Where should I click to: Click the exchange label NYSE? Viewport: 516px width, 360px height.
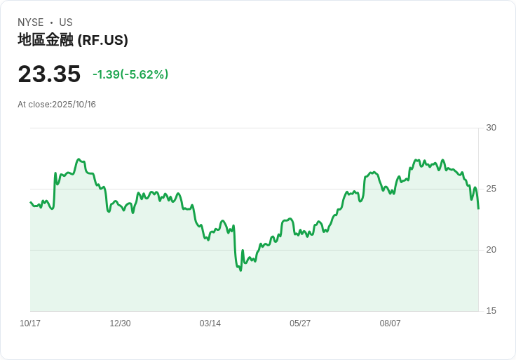tap(31, 22)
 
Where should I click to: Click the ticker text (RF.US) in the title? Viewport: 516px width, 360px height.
tap(102, 41)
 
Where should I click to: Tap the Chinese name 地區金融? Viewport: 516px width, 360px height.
tap(45, 41)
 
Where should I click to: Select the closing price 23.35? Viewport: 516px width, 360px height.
tap(49, 74)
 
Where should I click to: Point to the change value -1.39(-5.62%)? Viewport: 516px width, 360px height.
tap(130, 74)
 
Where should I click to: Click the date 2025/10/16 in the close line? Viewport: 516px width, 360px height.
tap(74, 105)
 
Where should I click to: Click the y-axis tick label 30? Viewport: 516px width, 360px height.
tap(491, 128)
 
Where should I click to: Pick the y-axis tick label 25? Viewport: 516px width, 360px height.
tap(491, 189)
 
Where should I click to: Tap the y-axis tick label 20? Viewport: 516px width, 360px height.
tap(491, 250)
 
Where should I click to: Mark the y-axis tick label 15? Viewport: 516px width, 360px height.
tap(491, 311)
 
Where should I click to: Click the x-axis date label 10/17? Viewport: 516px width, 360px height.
tap(30, 324)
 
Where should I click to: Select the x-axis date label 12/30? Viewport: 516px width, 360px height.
tap(120, 324)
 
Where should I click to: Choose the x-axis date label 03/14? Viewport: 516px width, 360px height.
tap(210, 324)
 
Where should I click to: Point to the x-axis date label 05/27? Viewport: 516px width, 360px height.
tap(300, 324)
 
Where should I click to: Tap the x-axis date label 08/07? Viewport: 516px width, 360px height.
tap(390, 324)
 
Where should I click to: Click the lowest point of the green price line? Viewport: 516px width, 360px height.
tap(240, 270)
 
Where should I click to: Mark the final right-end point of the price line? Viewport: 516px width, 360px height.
tap(478, 208)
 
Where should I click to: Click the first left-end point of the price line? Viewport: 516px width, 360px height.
tap(30, 202)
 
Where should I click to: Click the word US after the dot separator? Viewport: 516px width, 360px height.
tap(66, 22)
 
